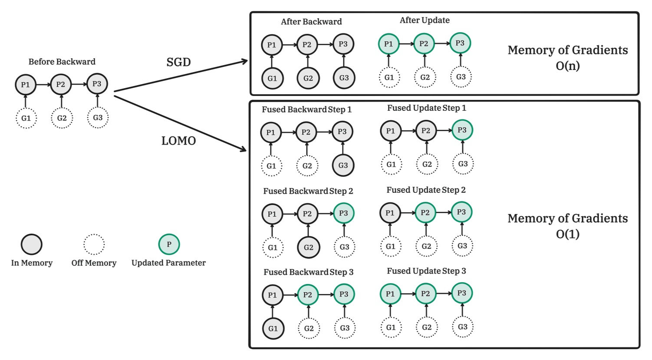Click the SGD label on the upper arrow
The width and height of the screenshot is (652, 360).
[178, 62]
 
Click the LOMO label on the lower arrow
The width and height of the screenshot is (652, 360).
[178, 141]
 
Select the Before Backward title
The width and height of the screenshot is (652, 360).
[62, 62]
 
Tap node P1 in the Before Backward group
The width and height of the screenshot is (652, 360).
[26, 84]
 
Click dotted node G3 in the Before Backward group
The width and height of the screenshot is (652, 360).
[98, 118]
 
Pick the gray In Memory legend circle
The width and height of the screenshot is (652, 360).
[32, 244]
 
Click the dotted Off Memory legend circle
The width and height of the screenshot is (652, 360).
[94, 244]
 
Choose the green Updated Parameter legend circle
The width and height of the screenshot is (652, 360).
[169, 244]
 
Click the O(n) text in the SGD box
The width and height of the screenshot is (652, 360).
[567, 66]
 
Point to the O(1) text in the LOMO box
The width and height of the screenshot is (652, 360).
[567, 234]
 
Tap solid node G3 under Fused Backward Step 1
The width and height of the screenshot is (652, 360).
[343, 165]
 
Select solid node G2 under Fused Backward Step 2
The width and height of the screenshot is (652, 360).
[308, 247]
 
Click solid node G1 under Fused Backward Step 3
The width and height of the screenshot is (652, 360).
[273, 328]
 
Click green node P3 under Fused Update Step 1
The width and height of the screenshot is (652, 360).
[462, 130]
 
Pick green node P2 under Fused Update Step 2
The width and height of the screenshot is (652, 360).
[425, 212]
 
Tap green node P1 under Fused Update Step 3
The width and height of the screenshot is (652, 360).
[390, 294]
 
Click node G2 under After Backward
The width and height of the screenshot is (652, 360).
[308, 78]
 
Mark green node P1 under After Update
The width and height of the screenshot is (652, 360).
[389, 44]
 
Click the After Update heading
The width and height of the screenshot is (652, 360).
[425, 20]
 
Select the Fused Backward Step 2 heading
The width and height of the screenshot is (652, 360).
[308, 191]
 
